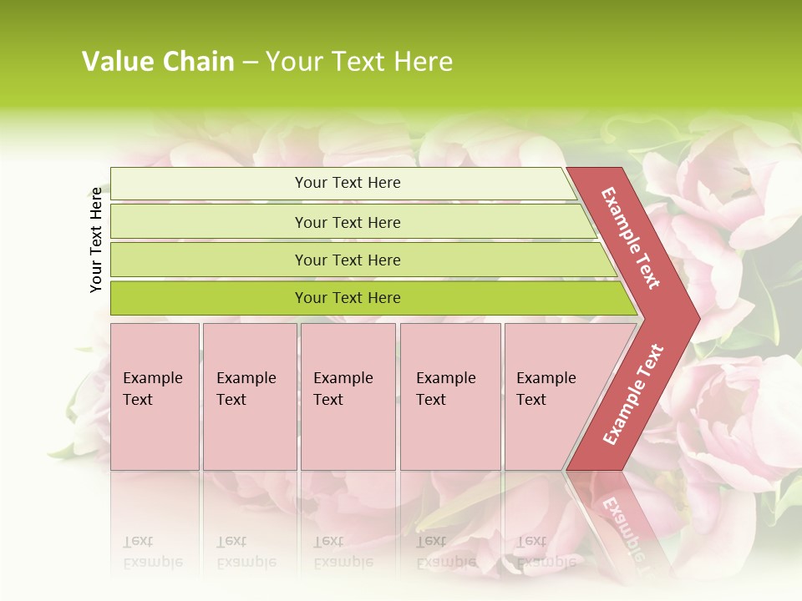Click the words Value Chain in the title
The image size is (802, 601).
(158, 62)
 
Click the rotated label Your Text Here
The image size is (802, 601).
(96, 240)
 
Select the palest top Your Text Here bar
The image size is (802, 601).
(348, 183)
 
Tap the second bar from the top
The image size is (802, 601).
(348, 222)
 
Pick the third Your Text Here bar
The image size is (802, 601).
(348, 260)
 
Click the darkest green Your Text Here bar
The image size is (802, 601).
(348, 298)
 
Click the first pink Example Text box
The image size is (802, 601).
(155, 396)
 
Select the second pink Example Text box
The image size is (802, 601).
(250, 396)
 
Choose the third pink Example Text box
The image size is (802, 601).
(348, 396)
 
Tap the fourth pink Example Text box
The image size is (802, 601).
(450, 396)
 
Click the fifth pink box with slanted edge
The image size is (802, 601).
(551, 396)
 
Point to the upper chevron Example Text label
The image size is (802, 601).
(631, 238)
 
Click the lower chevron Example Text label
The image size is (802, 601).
(633, 394)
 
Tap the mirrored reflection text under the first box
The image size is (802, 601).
(152, 552)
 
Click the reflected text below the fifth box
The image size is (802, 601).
(546, 552)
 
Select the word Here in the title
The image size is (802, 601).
(423, 62)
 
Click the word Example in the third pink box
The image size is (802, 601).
(343, 378)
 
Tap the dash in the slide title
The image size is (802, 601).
(250, 63)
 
